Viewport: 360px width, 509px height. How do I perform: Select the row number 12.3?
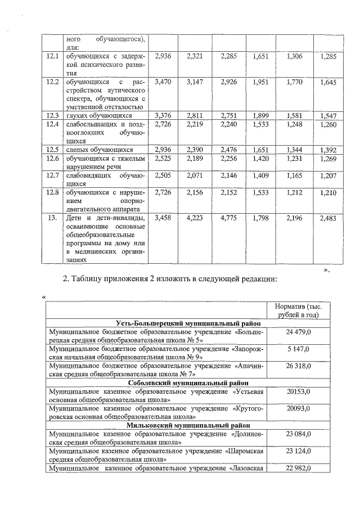[x=53, y=116]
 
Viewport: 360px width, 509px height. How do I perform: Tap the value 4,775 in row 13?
[x=229, y=217]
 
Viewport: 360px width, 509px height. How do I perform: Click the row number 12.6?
[x=53, y=159]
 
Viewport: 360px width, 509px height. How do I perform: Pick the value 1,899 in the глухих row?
[x=262, y=116]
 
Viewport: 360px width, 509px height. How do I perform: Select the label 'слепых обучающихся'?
[x=99, y=150]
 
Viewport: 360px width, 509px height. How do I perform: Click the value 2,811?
[x=196, y=116]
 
